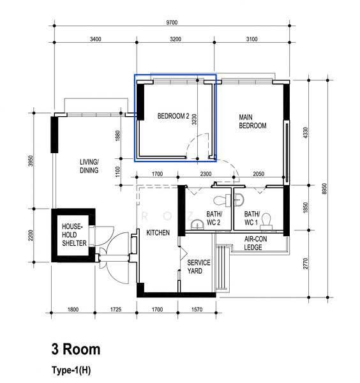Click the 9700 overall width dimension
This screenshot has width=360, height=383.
[172, 22]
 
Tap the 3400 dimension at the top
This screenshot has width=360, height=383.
[95, 39]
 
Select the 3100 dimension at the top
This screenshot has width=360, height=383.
[251, 39]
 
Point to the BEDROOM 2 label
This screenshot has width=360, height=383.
[173, 116]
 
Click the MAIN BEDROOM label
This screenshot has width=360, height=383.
[253, 121]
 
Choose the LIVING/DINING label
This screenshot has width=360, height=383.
[89, 166]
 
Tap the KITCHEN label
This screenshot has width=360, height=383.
[158, 232]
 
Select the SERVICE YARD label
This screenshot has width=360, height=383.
[199, 267]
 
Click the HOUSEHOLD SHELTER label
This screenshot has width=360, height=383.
[74, 235]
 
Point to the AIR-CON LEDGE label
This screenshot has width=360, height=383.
[255, 243]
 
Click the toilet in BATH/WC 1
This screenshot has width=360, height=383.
[266, 222]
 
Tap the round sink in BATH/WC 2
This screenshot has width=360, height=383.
[197, 225]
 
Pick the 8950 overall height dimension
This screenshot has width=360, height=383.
[324, 188]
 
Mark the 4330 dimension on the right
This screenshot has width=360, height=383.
[305, 133]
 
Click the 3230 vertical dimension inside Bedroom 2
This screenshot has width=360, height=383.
[194, 119]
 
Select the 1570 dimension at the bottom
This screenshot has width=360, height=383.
[197, 310]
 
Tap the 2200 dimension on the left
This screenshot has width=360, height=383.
[31, 235]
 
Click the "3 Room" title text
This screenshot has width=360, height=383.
[76, 349]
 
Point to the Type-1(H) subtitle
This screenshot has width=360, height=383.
[71, 370]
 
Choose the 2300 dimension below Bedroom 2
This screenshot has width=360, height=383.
[206, 174]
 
